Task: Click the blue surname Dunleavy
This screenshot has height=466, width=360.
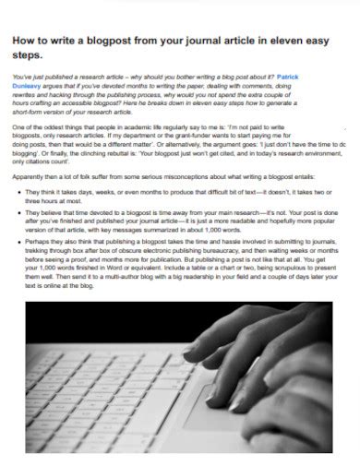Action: (x=30, y=85)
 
